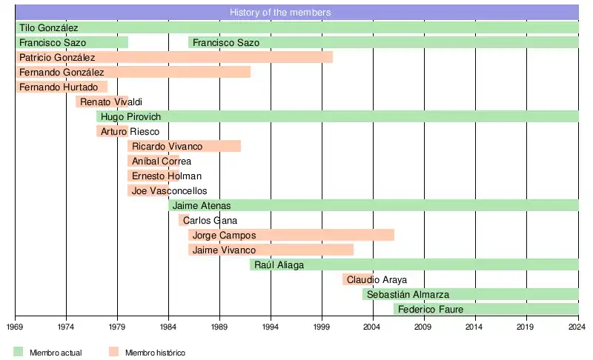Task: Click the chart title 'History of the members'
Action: pos(280,13)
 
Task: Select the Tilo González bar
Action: pos(296,27)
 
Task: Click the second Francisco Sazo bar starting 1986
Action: pos(383,42)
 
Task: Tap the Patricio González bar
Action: pos(174,57)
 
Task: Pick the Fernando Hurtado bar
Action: pos(62,87)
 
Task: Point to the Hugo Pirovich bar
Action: pos(337,116)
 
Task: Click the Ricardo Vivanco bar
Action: pos(184,146)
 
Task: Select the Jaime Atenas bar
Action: pos(374,205)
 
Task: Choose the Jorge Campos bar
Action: pos(291,235)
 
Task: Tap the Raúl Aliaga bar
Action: pos(414,264)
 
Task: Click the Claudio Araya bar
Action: pos(357,279)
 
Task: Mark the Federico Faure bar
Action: pos(486,309)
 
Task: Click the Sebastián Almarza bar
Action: pos(470,294)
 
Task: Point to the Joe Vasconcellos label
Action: pos(170,190)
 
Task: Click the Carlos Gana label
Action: pos(210,220)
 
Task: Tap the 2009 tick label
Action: pos(423,326)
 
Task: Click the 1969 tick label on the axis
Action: pos(16,326)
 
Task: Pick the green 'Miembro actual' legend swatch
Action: pos(19,352)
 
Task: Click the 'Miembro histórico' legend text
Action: pos(155,353)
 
